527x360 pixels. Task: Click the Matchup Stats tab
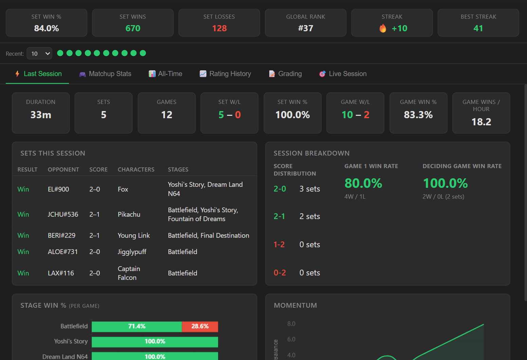tap(105, 74)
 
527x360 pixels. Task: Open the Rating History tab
tap(225, 74)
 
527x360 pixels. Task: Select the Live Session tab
tap(343, 74)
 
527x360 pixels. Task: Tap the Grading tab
tap(285, 74)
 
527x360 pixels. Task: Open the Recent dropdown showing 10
tap(39, 53)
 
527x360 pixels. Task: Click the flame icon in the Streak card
tap(383, 28)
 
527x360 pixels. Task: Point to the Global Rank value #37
tap(306, 28)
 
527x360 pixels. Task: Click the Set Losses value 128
tap(219, 28)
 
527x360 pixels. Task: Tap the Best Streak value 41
tap(478, 28)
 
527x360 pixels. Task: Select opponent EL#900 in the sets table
tap(58, 189)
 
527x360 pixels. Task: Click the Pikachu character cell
tap(129, 214)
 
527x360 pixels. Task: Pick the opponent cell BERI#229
tap(62, 235)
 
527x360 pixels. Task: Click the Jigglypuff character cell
tap(132, 252)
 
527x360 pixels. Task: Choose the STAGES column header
tap(178, 169)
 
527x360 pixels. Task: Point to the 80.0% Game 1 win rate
tap(363, 183)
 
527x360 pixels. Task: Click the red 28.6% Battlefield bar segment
tap(200, 327)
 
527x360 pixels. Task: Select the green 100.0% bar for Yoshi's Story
tap(155, 342)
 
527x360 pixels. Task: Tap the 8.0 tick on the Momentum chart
tap(291, 324)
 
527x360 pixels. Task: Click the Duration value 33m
tap(41, 115)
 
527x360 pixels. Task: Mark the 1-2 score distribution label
tap(279, 245)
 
